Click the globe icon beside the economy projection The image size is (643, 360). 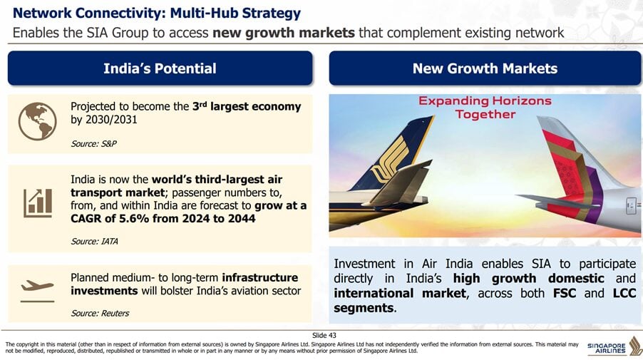click(x=37, y=121)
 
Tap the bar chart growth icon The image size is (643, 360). click(x=38, y=203)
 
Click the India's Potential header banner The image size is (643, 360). click(x=160, y=68)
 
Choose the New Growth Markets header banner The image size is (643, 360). click(x=485, y=68)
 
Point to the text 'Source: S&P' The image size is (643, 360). click(x=93, y=143)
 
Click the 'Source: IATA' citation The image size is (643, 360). click(x=94, y=242)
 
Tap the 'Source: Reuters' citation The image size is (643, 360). click(x=100, y=313)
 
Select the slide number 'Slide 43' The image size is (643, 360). click(x=324, y=335)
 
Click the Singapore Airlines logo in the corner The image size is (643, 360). click(x=614, y=346)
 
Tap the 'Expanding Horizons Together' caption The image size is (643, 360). click(x=485, y=108)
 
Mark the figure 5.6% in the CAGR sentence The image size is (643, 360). click(x=134, y=219)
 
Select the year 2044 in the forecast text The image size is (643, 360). click(x=242, y=219)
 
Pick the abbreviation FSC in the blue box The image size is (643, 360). click(x=565, y=293)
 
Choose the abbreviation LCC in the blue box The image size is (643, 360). click(x=624, y=293)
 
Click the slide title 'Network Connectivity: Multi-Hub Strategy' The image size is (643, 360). click(x=157, y=13)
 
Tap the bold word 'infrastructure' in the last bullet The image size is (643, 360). click(x=260, y=277)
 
